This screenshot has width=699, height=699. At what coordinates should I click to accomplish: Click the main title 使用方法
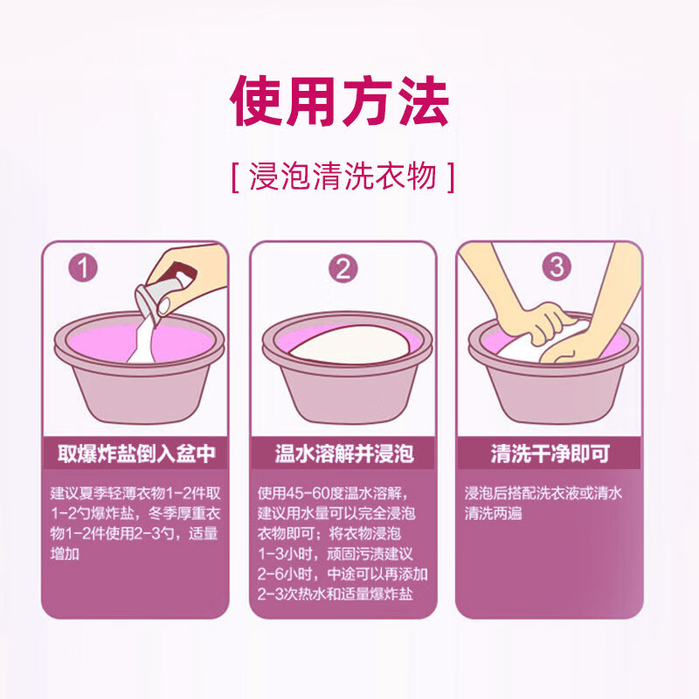coord(339,102)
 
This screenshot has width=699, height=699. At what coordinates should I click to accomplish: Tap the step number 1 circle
coord(83,267)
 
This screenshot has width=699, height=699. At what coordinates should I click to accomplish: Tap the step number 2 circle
coord(343,267)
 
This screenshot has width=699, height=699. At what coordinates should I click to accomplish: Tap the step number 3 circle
coord(557,266)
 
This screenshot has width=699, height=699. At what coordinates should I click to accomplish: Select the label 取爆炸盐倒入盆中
coord(135,454)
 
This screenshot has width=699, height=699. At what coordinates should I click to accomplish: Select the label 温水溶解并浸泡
coord(343,454)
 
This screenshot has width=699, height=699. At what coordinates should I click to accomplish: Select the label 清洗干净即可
coord(550,454)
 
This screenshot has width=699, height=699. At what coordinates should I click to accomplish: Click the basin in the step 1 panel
coord(135,384)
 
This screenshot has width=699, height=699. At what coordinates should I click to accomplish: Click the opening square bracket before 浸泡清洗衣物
coord(237,177)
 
